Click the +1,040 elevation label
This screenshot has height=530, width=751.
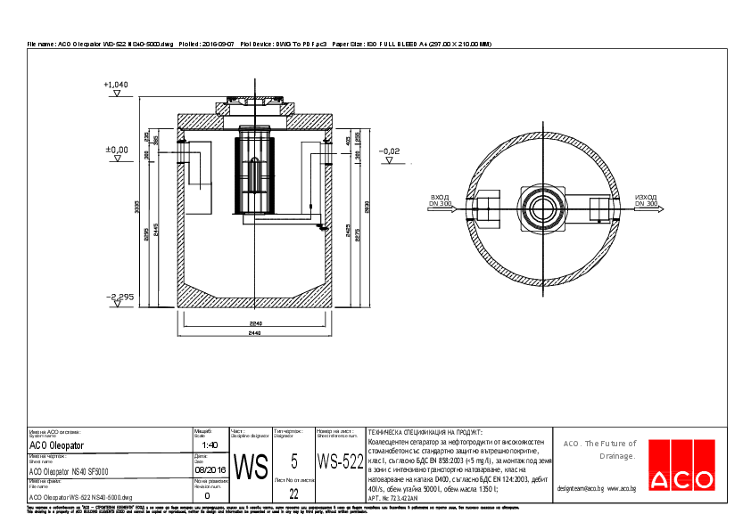pyautogui.click(x=116, y=85)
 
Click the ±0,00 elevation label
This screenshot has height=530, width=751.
pyautogui.click(x=117, y=150)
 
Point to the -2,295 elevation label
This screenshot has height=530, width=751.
pyautogui.click(x=118, y=296)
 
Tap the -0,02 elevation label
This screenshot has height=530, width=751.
pyautogui.click(x=390, y=151)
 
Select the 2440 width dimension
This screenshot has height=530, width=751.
pyautogui.click(x=256, y=333)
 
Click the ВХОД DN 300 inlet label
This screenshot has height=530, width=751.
pyautogui.click(x=441, y=200)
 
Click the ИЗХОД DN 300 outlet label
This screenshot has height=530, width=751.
pyautogui.click(x=646, y=200)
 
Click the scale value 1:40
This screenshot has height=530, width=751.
pyautogui.click(x=210, y=444)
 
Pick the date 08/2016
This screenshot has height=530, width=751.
pyautogui.click(x=210, y=469)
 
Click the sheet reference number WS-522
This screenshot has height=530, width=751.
pyautogui.click(x=340, y=461)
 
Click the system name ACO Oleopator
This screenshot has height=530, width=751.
pyautogui.click(x=57, y=444)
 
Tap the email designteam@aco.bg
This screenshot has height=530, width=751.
pyautogui.click(x=581, y=488)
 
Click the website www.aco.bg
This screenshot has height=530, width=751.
pyautogui.click(x=622, y=488)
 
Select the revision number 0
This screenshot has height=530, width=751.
pyautogui.click(x=208, y=494)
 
